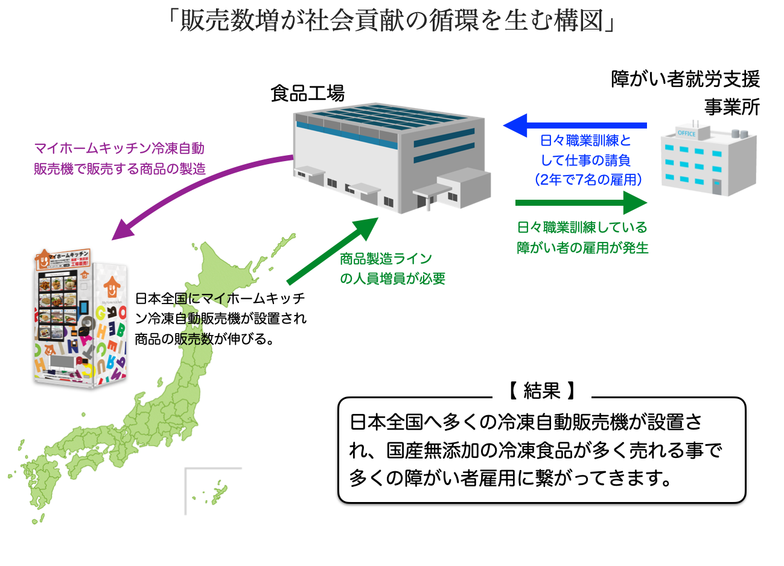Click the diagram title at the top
392,21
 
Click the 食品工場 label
307,94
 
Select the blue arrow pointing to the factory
573,126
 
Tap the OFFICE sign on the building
686,133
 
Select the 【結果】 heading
542,391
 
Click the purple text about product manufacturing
120,158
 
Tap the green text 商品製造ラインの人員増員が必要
392,269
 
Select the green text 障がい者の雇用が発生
582,248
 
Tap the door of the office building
716,186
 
